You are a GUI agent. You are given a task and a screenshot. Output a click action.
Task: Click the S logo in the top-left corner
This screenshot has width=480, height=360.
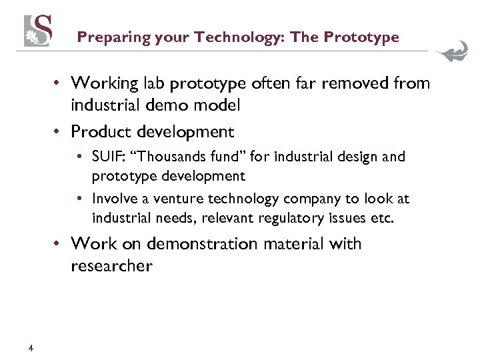click(x=38, y=31)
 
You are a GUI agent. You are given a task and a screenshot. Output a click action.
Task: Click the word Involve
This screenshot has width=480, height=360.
click(x=114, y=199)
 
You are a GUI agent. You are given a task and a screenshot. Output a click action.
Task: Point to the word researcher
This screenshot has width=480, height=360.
click(x=111, y=266)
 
